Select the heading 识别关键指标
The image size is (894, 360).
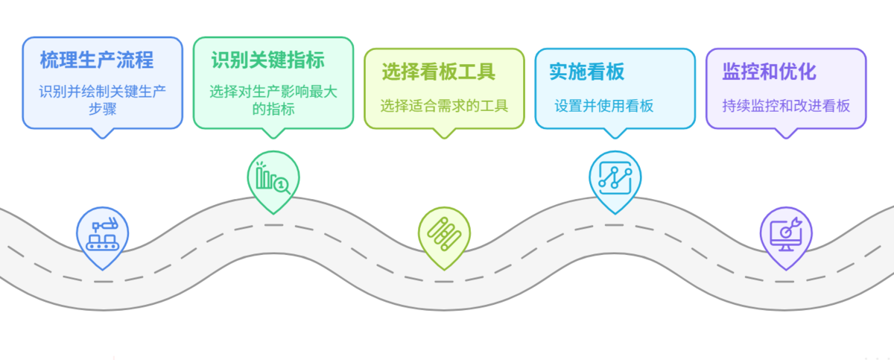click(267, 59)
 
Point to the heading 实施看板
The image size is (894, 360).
click(587, 72)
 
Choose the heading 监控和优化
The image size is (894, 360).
click(769, 72)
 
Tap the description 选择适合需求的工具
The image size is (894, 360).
click(444, 105)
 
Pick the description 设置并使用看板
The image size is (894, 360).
click(603, 105)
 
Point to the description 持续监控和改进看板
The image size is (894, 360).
click(786, 105)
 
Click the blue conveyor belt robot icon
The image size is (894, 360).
click(103, 233)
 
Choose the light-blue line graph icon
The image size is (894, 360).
click(615, 177)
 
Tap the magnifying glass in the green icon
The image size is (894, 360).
click(282, 183)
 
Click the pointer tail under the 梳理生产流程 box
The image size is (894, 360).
click(103, 133)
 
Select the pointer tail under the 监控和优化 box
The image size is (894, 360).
click(784, 134)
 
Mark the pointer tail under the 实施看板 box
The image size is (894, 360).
click(615, 134)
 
